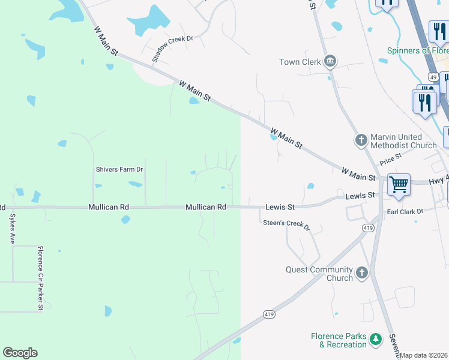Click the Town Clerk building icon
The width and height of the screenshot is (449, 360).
pyautogui.click(x=330, y=62)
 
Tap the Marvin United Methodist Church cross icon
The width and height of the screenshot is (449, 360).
pyautogui.click(x=361, y=140)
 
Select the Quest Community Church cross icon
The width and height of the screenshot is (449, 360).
pyautogui.click(x=361, y=274)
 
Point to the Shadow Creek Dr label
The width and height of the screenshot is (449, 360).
pyautogui.click(x=172, y=48)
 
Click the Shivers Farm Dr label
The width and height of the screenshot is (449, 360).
pyautogui.click(x=119, y=169)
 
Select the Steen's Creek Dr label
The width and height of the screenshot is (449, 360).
pyautogui.click(x=286, y=224)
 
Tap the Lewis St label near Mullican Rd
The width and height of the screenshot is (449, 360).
pyautogui.click(x=280, y=207)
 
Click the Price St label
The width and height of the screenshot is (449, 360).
pyautogui.click(x=390, y=159)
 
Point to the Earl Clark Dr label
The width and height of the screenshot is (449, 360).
pyautogui.click(x=405, y=212)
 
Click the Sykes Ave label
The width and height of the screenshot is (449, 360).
pyautogui.click(x=11, y=229)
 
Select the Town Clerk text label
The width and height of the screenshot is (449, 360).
pyautogui.click(x=300, y=62)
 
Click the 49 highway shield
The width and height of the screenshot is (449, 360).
pyautogui.click(x=433, y=77)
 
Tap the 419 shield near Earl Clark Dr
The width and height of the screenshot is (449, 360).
pyautogui.click(x=369, y=228)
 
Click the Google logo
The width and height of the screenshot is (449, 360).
pyautogui.click(x=20, y=353)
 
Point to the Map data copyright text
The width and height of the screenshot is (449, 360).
pyautogui.click(x=424, y=356)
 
